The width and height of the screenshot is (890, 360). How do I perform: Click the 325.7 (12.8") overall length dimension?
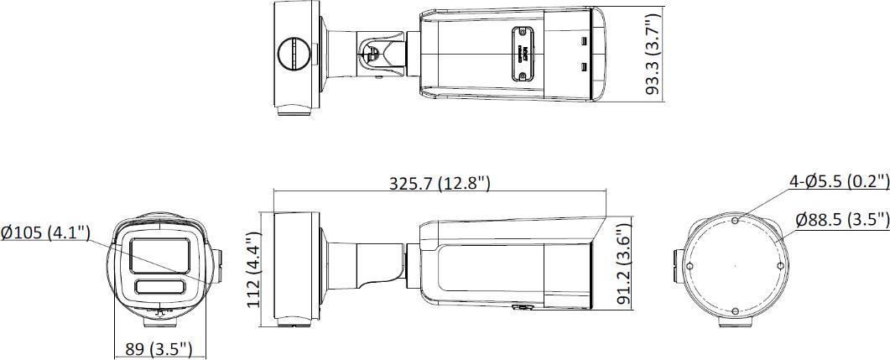coord(440,184)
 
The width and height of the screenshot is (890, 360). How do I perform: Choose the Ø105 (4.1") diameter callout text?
coord(46,232)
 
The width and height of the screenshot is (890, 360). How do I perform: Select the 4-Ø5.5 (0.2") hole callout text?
coord(838,181)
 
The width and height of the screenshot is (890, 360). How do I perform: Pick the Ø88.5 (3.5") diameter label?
coord(841,220)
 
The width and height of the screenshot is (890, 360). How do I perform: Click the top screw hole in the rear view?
coord(735,221)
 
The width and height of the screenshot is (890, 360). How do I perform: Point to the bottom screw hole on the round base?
coord(735,311)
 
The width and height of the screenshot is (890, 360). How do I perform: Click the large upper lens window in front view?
coord(160,253)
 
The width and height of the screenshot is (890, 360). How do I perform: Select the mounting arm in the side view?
coord(369,267)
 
